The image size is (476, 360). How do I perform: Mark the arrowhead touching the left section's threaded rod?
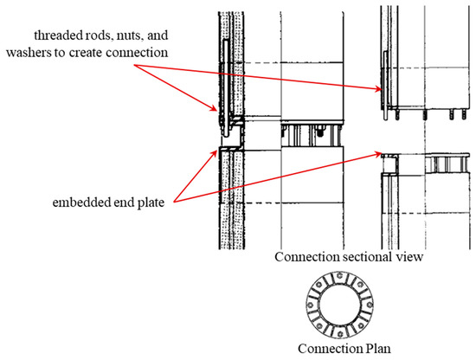[x=218, y=111]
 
